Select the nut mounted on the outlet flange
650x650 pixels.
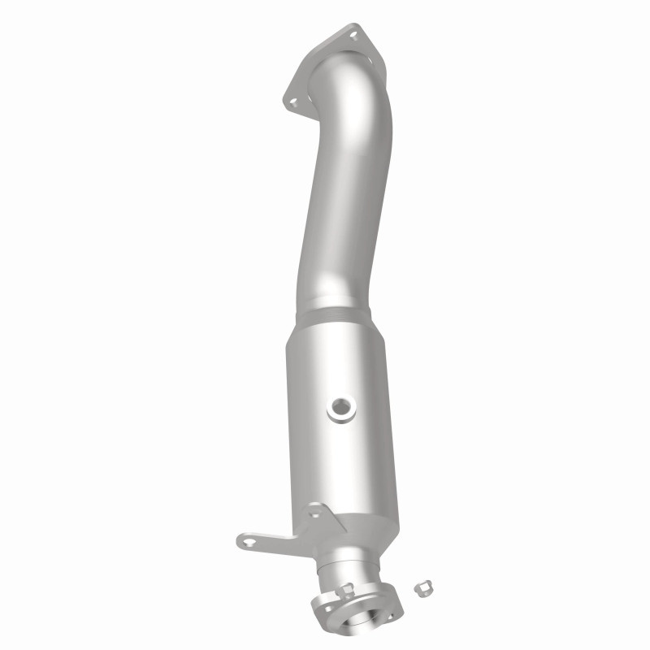tap(346, 591)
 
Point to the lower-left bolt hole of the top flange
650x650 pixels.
tap(292, 102)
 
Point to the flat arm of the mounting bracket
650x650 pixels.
tap(276, 535)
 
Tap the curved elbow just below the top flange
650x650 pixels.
tap(357, 106)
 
